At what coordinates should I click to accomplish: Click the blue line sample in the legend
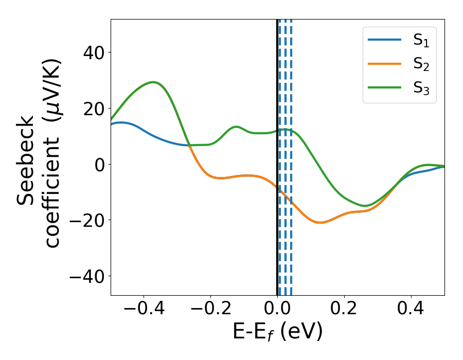pos(384,40)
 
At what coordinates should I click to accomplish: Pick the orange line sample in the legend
pos(384,64)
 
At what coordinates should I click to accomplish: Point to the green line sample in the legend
pos(384,87)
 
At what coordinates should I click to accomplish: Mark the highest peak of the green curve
pos(153,82)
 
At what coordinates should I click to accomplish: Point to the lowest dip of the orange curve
pos(320,223)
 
